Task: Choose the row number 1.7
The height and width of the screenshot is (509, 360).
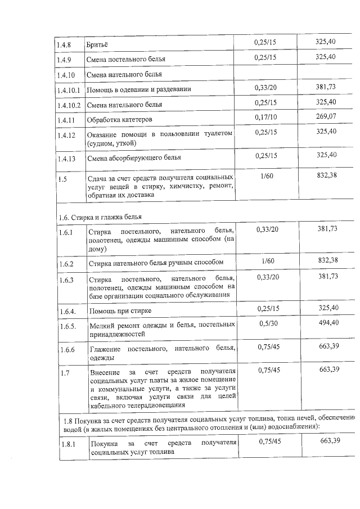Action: point(65,373)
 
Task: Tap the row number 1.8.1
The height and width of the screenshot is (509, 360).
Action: point(69,444)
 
